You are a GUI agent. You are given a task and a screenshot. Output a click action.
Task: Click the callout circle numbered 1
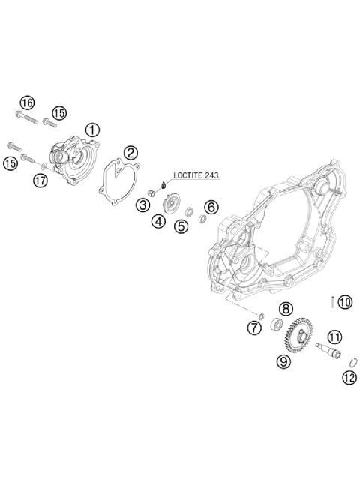(x=91, y=129)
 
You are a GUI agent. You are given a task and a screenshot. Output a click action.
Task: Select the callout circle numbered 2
(x=130, y=153)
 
